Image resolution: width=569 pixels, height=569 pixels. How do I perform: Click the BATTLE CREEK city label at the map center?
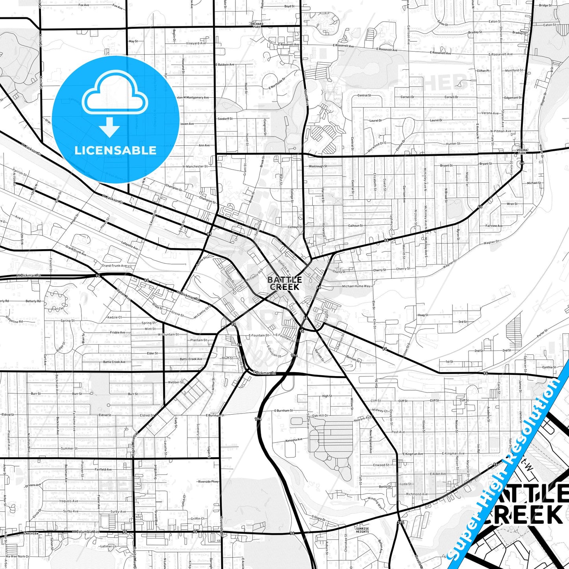pos(285,284)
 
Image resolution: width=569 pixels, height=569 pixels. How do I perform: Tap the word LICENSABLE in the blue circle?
pos(115,150)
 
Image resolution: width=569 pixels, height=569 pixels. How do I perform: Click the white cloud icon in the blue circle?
pos(115,96)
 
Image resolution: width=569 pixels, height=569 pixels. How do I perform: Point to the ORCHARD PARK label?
pos(257,25)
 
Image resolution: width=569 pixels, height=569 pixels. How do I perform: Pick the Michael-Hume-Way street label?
pos(356,286)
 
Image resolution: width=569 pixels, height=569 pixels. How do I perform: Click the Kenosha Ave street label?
pos(294,440)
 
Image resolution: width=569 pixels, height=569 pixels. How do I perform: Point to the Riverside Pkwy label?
pos(209,482)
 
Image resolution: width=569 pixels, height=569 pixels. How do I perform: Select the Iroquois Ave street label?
pos(69,501)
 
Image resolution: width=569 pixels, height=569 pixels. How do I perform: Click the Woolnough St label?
pos(318,166)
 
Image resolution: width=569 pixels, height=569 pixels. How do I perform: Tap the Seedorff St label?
pos(225,119)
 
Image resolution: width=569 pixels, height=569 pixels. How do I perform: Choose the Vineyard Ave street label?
pos(196,43)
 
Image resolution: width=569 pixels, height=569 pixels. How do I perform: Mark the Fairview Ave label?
pos(494,226)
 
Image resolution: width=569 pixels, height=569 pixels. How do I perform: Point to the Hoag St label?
pos(423,315)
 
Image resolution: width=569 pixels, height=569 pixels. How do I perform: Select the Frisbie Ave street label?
pos(117,333)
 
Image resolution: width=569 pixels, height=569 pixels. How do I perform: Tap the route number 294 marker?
pos(401,523)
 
